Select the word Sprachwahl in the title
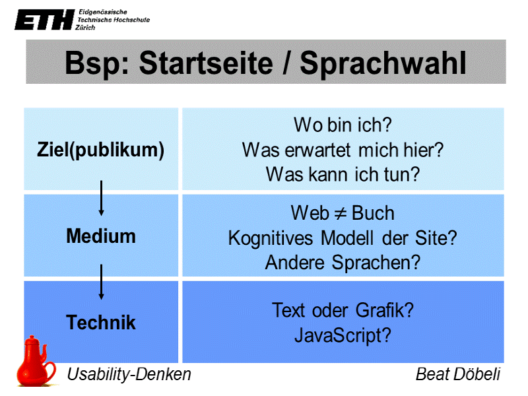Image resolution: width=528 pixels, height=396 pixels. click(383, 63)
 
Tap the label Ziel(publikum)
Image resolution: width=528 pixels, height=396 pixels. click(100, 150)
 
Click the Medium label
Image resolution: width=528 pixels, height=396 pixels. click(100, 236)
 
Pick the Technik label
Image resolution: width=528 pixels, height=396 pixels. click(100, 322)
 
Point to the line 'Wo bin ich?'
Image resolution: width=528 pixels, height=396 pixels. click(343, 125)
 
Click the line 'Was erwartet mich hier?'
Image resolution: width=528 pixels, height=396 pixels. click(343, 150)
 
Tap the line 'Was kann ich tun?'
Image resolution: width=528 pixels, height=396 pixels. click(343, 175)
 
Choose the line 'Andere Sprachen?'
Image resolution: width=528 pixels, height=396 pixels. click(343, 262)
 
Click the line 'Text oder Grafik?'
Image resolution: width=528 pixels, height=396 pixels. click(343, 310)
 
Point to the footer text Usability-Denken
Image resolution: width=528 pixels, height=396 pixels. click(129, 374)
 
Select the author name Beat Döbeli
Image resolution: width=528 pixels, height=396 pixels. click(457, 374)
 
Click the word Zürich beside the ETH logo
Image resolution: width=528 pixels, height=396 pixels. click(86, 28)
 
